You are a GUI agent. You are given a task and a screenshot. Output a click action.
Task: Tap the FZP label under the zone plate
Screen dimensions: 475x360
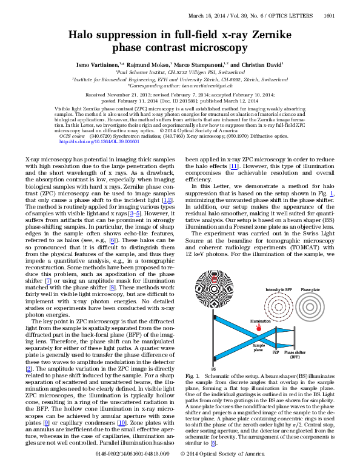point(275,352)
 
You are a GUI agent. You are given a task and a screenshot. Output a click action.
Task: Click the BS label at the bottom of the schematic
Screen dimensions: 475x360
point(213,368)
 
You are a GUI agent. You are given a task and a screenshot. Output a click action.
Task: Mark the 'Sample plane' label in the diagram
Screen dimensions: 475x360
point(259,346)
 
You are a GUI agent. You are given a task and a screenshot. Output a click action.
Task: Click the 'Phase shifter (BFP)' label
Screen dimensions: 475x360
point(295,354)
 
